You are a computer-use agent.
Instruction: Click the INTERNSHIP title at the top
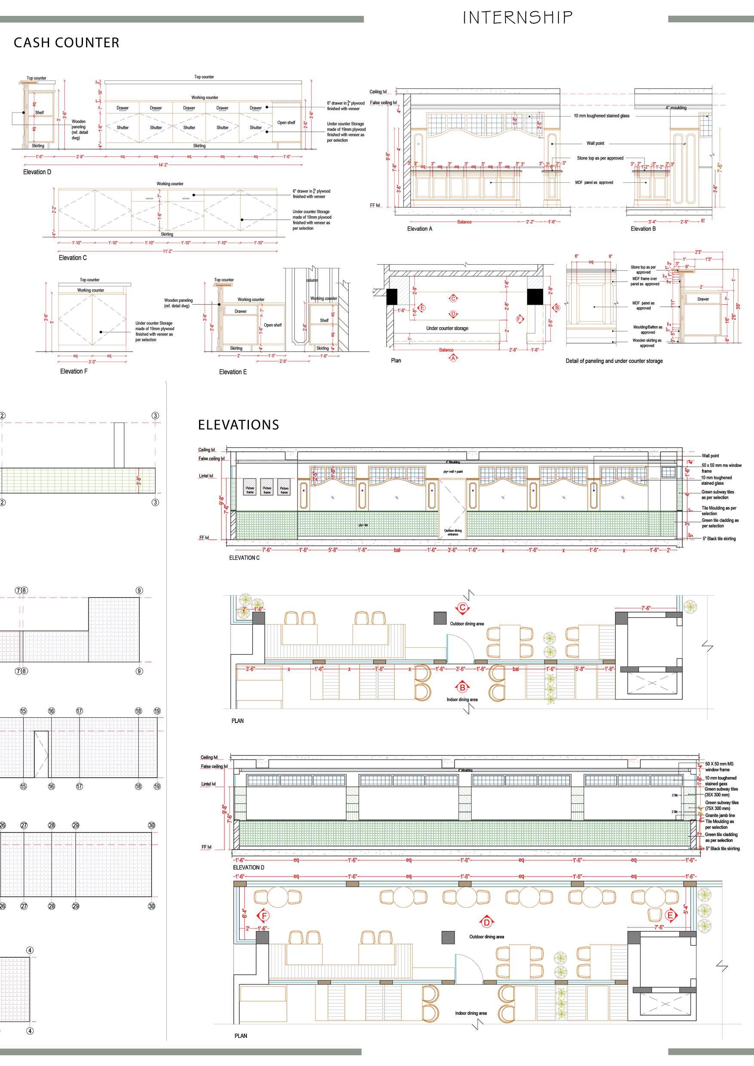pyautogui.click(x=517, y=18)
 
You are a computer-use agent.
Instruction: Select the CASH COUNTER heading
pyautogui.click(x=66, y=43)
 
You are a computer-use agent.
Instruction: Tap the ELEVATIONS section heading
pyautogui.click(x=239, y=425)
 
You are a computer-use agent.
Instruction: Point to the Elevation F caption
pyautogui.click(x=74, y=371)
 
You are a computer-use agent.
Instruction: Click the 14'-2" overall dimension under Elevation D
pyautogui.click(x=162, y=164)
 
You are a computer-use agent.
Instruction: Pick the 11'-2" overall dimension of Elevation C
pyautogui.click(x=167, y=251)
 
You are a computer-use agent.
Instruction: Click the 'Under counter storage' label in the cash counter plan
pyautogui.click(x=447, y=328)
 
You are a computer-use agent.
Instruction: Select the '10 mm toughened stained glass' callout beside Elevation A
pyautogui.click(x=601, y=116)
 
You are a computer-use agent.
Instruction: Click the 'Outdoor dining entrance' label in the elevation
pyautogui.click(x=453, y=532)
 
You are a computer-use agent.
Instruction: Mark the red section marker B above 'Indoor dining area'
pyautogui.click(x=463, y=687)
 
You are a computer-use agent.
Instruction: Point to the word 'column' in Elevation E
pyautogui.click(x=312, y=280)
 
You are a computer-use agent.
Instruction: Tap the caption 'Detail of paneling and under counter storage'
pyautogui.click(x=614, y=361)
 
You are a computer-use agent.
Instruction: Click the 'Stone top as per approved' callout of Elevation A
pyautogui.click(x=600, y=158)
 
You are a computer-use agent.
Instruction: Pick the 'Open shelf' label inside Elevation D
pyautogui.click(x=286, y=123)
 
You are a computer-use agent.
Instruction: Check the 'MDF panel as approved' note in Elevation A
pyautogui.click(x=594, y=182)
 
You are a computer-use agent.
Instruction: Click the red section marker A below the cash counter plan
pyautogui.click(x=453, y=358)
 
